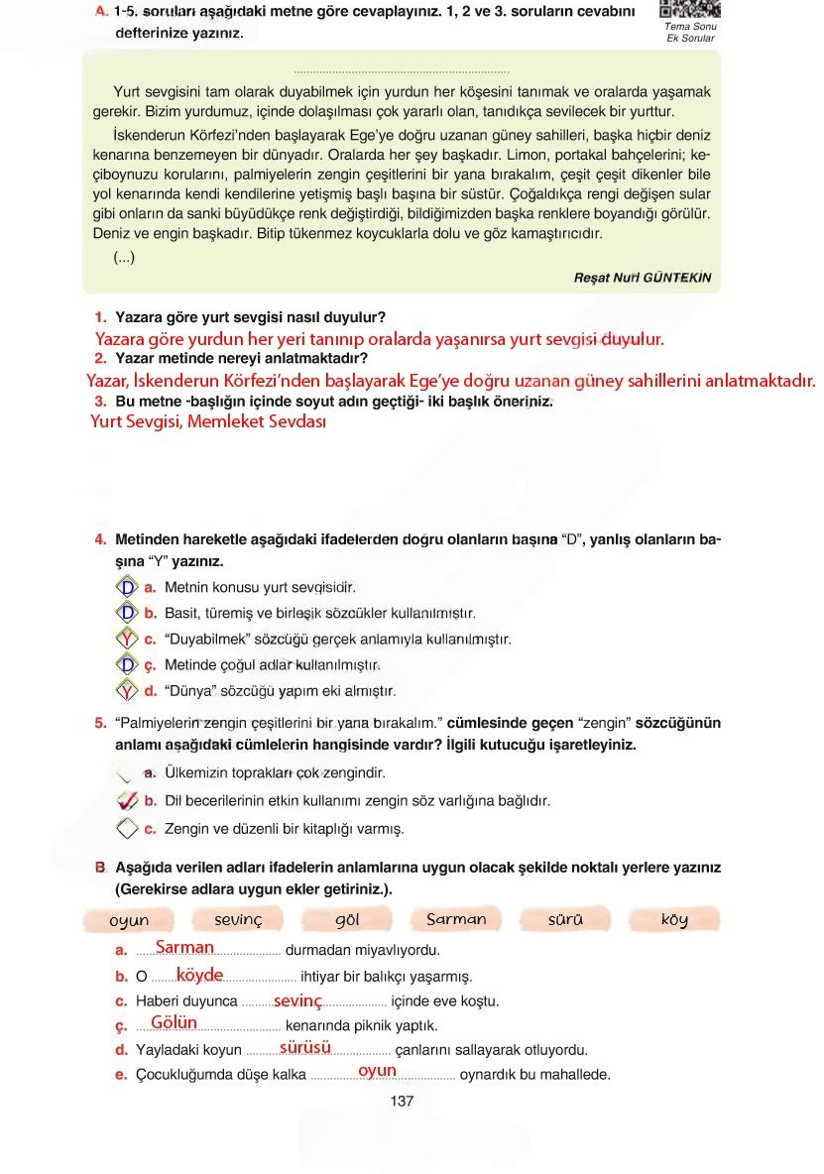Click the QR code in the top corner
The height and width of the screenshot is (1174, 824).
[x=689, y=9]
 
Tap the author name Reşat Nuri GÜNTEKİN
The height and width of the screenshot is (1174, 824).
[x=643, y=278]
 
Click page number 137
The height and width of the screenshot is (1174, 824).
[x=402, y=1101]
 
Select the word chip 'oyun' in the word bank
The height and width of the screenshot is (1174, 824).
[x=129, y=920]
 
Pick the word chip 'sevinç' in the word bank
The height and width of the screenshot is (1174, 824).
[x=238, y=920]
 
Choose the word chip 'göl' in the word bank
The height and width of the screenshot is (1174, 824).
[x=347, y=920]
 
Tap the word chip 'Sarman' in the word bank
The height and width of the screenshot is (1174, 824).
[x=456, y=919]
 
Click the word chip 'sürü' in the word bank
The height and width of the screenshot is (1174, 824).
[x=565, y=920]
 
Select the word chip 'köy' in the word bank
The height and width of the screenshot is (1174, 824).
[x=674, y=920]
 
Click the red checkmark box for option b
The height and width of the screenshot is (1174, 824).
[x=127, y=800]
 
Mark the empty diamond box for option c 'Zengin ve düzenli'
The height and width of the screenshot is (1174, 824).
[x=127, y=828]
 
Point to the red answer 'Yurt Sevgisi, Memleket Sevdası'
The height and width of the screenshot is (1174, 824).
[x=208, y=421]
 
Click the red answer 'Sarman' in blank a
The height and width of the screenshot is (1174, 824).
[x=184, y=948]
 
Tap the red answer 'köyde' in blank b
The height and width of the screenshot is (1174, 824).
[x=199, y=975]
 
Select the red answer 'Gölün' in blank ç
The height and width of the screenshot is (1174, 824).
[x=175, y=1022]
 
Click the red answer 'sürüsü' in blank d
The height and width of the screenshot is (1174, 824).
[x=305, y=1047]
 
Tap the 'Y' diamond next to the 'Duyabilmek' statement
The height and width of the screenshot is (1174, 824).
[x=127, y=639]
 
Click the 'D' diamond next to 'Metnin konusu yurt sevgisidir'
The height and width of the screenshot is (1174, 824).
[x=127, y=587]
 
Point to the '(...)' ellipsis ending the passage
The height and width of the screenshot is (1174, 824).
[x=124, y=258]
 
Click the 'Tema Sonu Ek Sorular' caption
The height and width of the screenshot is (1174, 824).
[x=690, y=32]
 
